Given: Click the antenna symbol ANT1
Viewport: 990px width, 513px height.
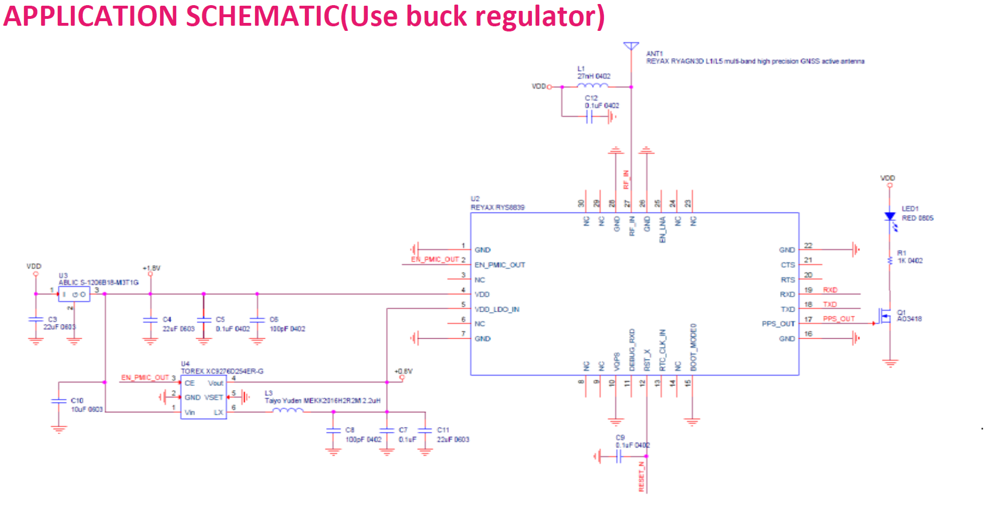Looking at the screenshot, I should pyautogui.click(x=631, y=46).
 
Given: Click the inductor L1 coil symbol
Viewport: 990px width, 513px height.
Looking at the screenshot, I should pyautogui.click(x=593, y=86).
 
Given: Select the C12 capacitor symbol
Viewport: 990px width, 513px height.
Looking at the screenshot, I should pyautogui.click(x=590, y=117).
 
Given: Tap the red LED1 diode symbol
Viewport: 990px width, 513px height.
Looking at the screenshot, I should pyautogui.click(x=890, y=217).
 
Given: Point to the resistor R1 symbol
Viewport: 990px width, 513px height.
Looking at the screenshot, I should pyautogui.click(x=890, y=261).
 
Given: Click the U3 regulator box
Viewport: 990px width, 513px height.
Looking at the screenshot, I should pyautogui.click(x=74, y=294).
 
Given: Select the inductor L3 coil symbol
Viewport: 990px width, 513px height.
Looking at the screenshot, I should pyautogui.click(x=288, y=411).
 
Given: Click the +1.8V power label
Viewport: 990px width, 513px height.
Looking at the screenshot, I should pyautogui.click(x=152, y=268).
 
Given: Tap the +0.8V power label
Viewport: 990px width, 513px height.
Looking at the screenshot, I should pyautogui.click(x=403, y=371).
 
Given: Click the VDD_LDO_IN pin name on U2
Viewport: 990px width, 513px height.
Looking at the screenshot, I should pyautogui.click(x=496, y=309).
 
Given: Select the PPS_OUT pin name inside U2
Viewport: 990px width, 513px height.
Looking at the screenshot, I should pyautogui.click(x=778, y=324).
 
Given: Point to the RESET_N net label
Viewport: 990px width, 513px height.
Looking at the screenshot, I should pyautogui.click(x=642, y=476).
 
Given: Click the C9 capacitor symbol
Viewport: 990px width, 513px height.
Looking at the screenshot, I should pyautogui.click(x=618, y=456).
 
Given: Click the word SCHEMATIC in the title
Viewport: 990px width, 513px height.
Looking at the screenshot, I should pyautogui.click(x=263, y=16).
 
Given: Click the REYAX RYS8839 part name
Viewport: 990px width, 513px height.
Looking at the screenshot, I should pyautogui.click(x=497, y=207).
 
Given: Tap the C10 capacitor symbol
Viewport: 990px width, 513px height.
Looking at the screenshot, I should pyautogui.click(x=59, y=401).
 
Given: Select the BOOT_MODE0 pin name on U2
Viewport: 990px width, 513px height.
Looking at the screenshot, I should pyautogui.click(x=693, y=347).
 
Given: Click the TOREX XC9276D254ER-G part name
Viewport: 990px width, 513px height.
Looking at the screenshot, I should pyautogui.click(x=222, y=371).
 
